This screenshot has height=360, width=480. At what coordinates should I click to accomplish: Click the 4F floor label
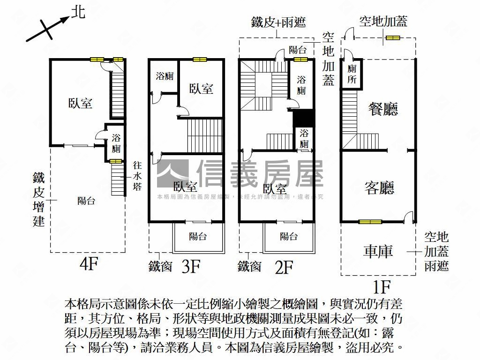[89, 265]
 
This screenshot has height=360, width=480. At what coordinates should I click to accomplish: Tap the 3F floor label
[191, 267]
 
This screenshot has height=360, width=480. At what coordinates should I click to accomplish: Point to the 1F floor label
[382, 285]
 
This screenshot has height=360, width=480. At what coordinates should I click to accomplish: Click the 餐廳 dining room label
[383, 110]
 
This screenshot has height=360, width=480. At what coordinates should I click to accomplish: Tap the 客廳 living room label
[379, 187]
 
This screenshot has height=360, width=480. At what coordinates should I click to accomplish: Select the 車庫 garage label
[378, 251]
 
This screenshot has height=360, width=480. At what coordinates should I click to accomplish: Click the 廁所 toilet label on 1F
[352, 74]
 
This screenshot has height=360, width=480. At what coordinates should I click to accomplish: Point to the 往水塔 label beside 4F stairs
[137, 176]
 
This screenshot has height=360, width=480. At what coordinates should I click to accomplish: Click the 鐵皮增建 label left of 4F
[39, 199]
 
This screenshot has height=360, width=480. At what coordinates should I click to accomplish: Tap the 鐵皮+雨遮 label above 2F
[278, 22]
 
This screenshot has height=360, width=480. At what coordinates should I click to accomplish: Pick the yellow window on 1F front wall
[370, 222]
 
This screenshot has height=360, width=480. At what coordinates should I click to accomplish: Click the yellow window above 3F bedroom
[200, 60]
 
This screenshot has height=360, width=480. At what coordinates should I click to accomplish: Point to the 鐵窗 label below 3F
[160, 266]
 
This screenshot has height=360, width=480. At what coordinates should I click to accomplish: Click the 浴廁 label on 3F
[165, 76]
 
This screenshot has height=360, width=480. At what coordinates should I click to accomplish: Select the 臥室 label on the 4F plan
[80, 103]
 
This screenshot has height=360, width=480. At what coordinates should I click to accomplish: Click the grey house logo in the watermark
[172, 173]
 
